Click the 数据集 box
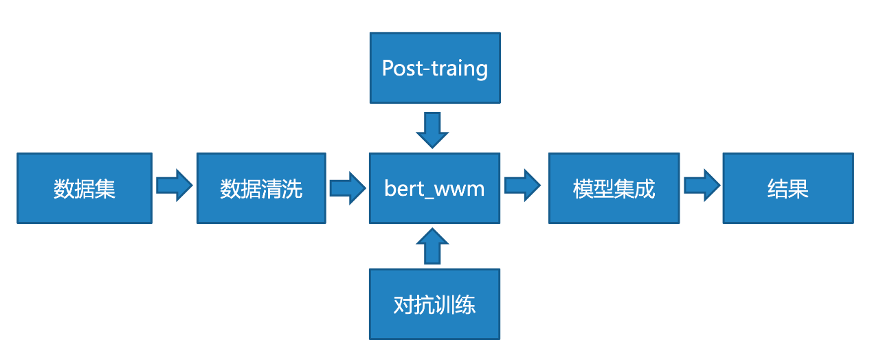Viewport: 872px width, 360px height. coord(84,188)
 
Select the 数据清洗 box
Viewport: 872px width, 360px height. coord(261,188)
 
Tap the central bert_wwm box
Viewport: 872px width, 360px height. coord(434,188)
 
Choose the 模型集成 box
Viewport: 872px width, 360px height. coord(614,188)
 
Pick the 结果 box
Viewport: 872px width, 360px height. coord(787,188)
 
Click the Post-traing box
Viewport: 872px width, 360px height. coord(434,68)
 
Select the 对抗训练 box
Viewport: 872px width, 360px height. coord(434,304)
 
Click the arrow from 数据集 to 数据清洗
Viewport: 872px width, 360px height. coord(175,186)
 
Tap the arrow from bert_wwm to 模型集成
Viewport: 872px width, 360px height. coord(524,186)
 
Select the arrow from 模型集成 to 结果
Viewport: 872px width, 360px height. coord(701,186)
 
